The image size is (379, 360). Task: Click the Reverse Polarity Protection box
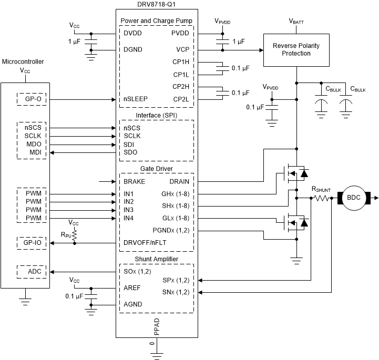pyautogui.click(x=296, y=49)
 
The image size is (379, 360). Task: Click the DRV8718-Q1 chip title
pyautogui.click(x=157, y=4)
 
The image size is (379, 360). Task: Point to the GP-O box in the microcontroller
pyautogui.click(x=30, y=99)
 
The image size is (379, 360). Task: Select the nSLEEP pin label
pyautogui.click(x=136, y=99)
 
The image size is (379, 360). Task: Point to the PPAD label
pyautogui.click(x=156, y=327)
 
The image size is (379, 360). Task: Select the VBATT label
pyautogui.click(x=297, y=22)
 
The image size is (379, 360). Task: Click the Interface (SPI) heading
pyautogui.click(x=157, y=115)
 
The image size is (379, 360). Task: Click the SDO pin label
pyautogui.click(x=131, y=153)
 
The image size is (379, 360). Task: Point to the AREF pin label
pyautogui.click(x=133, y=288)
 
